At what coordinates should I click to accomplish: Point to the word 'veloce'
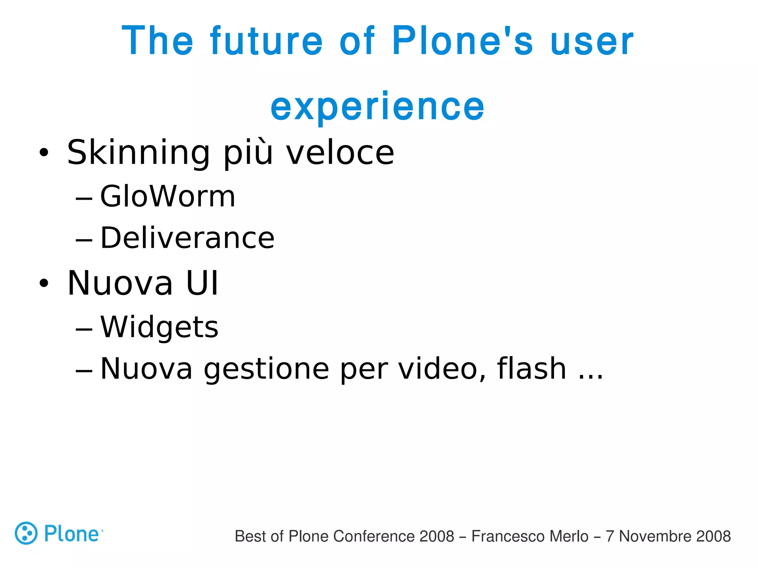pyautogui.click(x=341, y=153)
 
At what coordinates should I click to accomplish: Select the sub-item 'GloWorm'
pyautogui.click(x=168, y=196)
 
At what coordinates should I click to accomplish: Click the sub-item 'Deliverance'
pyautogui.click(x=187, y=238)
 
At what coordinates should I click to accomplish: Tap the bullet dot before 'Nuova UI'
pyautogui.click(x=44, y=283)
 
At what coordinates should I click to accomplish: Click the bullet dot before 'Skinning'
pyautogui.click(x=44, y=152)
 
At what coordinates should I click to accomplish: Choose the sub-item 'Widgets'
pyautogui.click(x=160, y=327)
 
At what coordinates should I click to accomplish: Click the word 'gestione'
pyautogui.click(x=266, y=369)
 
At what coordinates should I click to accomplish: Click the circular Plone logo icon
pyautogui.click(x=26, y=533)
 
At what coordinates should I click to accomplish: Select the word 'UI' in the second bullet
pyautogui.click(x=202, y=283)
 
